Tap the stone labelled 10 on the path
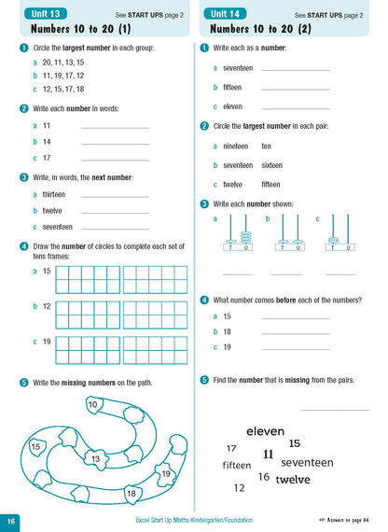tap(92, 404)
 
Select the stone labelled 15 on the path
tap(35, 447)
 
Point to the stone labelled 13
tap(94, 459)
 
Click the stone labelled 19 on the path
tap(166, 473)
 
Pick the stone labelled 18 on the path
tap(132, 493)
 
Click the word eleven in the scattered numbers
tap(265, 431)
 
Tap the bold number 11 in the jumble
tap(269, 455)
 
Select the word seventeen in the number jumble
tap(307, 462)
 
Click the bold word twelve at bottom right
tap(293, 480)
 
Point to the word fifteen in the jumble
tap(237, 465)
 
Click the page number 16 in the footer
tap(11, 521)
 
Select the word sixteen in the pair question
tap(270, 164)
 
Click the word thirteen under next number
tap(54, 194)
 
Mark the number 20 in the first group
tap(48, 62)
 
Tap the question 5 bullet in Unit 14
tap(204, 380)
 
